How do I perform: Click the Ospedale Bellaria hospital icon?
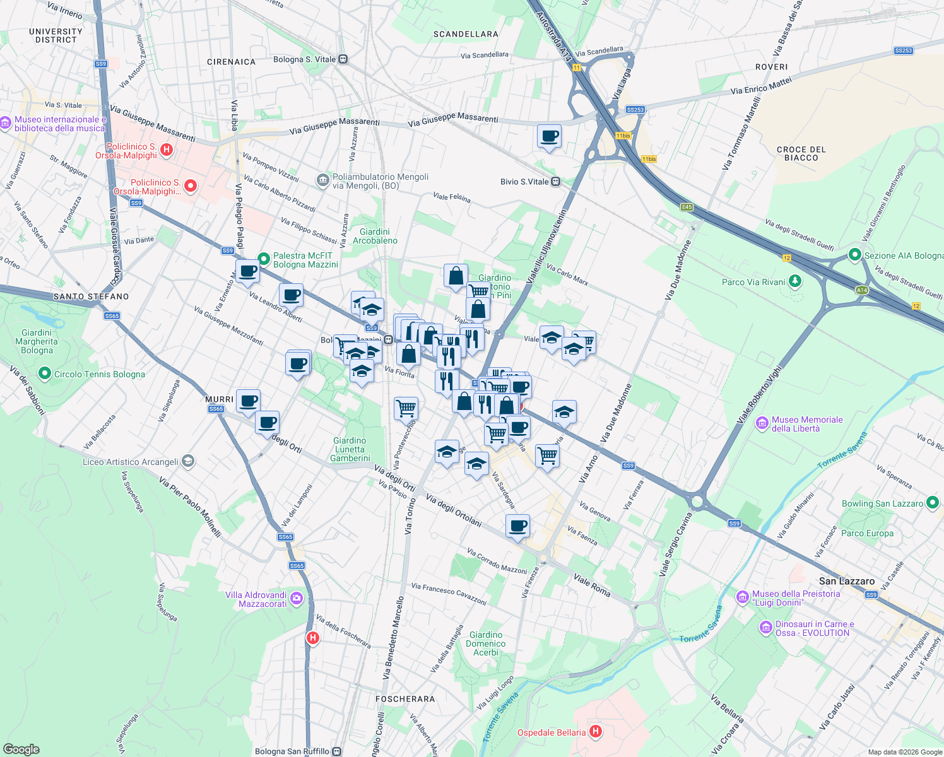click(x=595, y=732)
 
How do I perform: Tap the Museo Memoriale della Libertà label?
click(x=806, y=424)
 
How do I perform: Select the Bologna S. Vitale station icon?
click(x=343, y=59)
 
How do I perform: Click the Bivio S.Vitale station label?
click(x=524, y=182)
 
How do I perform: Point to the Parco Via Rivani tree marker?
click(x=795, y=281)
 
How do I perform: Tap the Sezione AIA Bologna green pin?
click(x=855, y=255)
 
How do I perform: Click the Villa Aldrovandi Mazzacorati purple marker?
click(x=297, y=598)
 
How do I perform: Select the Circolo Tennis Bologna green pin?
click(x=44, y=373)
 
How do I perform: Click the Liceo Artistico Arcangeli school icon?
click(x=187, y=461)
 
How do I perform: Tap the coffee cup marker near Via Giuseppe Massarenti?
click(x=549, y=136)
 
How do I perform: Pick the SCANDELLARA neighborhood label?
click(x=466, y=34)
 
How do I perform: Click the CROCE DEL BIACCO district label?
click(x=801, y=153)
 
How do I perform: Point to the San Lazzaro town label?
click(x=846, y=581)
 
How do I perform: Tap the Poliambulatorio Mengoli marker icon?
click(x=323, y=180)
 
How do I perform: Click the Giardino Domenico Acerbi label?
click(x=485, y=643)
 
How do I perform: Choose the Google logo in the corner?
click(x=21, y=749)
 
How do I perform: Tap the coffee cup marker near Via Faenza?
click(x=517, y=525)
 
